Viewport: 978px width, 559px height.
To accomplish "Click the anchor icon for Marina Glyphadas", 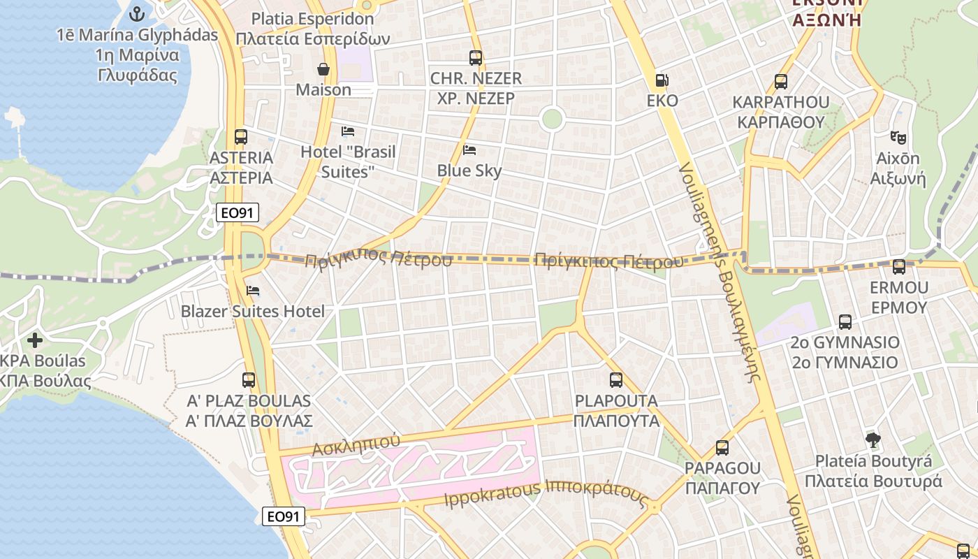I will pyautogui.click(x=137, y=13).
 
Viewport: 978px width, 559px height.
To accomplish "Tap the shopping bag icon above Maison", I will pyautogui.click(x=323, y=68).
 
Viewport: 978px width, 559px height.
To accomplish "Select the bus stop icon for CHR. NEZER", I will pyautogui.click(x=476, y=58).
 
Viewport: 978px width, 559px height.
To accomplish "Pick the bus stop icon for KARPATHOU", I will pyautogui.click(x=781, y=82).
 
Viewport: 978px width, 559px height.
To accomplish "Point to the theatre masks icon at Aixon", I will pyautogui.click(x=898, y=138).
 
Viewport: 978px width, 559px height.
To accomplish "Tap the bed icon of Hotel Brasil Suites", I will pyautogui.click(x=348, y=131).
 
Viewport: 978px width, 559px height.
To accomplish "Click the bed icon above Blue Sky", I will pyautogui.click(x=469, y=150).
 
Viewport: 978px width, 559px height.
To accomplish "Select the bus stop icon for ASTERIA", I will pyautogui.click(x=241, y=137).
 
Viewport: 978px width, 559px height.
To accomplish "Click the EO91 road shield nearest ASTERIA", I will pyautogui.click(x=238, y=212).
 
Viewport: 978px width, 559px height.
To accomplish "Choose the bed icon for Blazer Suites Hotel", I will pyautogui.click(x=253, y=291).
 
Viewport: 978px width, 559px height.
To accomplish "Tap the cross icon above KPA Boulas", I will pyautogui.click(x=34, y=340).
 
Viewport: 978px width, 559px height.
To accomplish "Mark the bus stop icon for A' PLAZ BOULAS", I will pyautogui.click(x=249, y=380).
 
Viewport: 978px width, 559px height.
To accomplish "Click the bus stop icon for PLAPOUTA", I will pyautogui.click(x=615, y=380).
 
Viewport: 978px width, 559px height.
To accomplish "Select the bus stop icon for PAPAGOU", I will pyautogui.click(x=722, y=447).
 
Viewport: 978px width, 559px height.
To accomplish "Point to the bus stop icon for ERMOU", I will pyautogui.click(x=899, y=266).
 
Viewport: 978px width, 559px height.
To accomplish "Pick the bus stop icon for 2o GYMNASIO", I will pyautogui.click(x=845, y=322).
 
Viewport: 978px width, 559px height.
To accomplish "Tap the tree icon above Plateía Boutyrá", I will pyautogui.click(x=873, y=440).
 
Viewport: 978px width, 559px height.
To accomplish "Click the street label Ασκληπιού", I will pyautogui.click(x=356, y=444).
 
